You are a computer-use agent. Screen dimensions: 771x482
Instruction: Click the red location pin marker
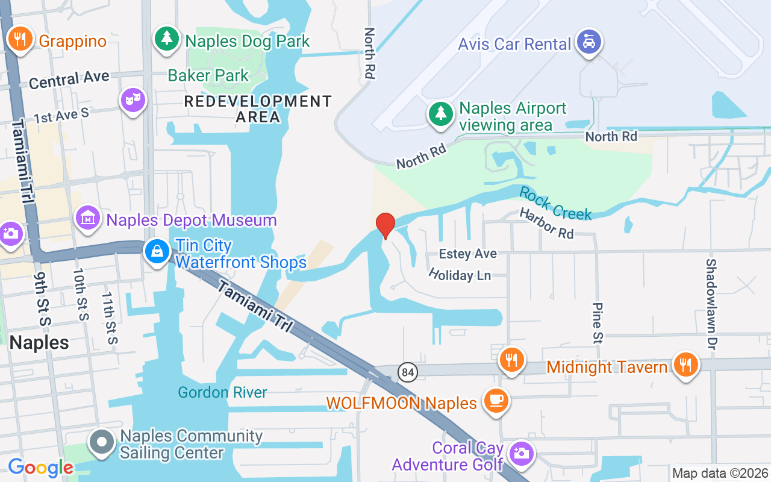click(385, 226)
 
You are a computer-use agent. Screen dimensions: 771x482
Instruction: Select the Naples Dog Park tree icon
click(166, 39)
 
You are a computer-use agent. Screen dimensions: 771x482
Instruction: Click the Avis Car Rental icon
click(589, 42)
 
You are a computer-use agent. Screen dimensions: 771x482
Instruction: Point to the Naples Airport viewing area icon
click(441, 114)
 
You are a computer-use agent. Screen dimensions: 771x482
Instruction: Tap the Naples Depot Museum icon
click(88, 218)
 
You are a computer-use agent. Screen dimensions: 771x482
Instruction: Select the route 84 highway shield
click(408, 372)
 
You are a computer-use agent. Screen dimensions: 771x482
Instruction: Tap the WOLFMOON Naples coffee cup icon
click(496, 401)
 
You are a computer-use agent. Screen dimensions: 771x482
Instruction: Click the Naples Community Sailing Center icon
click(102, 442)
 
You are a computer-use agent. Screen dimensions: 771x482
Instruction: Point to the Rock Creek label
click(555, 203)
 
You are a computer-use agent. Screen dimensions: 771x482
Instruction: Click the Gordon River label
click(222, 393)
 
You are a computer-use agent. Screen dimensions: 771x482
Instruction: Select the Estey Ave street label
click(467, 254)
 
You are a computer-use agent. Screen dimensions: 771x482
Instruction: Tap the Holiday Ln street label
click(460, 275)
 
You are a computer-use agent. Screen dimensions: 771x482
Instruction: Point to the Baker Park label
click(208, 75)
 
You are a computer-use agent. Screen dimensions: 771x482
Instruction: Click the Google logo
click(40, 468)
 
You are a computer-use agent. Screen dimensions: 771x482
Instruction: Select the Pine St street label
click(598, 323)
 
